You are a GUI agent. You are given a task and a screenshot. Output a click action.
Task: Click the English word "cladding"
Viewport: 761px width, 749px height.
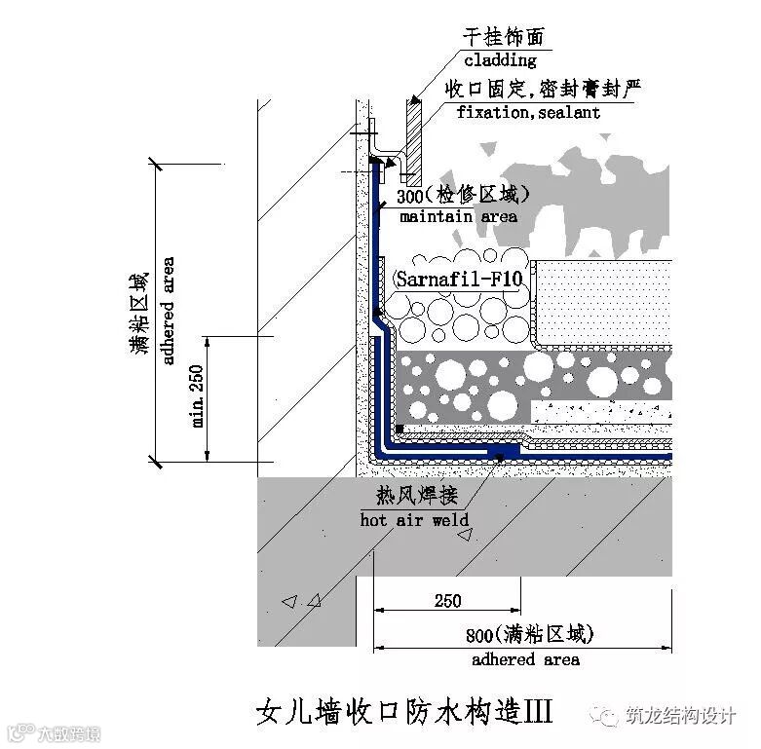click(499, 60)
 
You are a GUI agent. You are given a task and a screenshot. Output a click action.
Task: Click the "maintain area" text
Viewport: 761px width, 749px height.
click(458, 216)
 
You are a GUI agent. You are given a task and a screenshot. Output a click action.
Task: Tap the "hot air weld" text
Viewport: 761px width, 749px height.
click(415, 520)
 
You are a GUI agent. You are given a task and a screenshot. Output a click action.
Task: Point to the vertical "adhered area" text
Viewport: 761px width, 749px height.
click(168, 311)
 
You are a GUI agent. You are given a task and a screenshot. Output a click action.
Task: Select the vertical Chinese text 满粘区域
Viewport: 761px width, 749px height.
click(139, 313)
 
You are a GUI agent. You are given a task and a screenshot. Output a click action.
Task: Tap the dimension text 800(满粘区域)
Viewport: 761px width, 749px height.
click(527, 636)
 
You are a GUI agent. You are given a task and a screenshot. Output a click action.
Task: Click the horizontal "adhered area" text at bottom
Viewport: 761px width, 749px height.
click(525, 659)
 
